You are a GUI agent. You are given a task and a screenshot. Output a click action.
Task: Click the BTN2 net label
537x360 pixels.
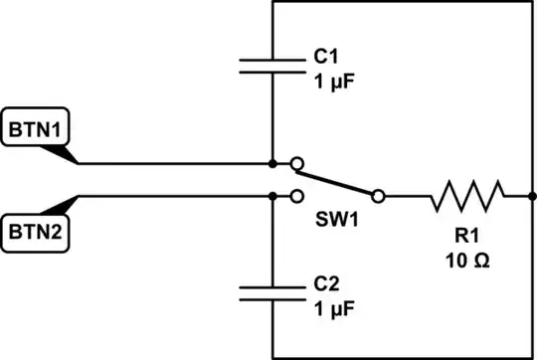coord(35,233)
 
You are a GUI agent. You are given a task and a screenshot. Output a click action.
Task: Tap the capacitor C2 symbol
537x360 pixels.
coord(272,291)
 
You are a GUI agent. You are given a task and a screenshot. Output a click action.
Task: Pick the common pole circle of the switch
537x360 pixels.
coord(379,196)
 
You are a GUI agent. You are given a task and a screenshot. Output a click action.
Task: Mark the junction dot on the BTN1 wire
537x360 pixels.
coord(272,163)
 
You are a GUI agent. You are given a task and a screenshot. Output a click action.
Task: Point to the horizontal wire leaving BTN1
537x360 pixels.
coord(169,163)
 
